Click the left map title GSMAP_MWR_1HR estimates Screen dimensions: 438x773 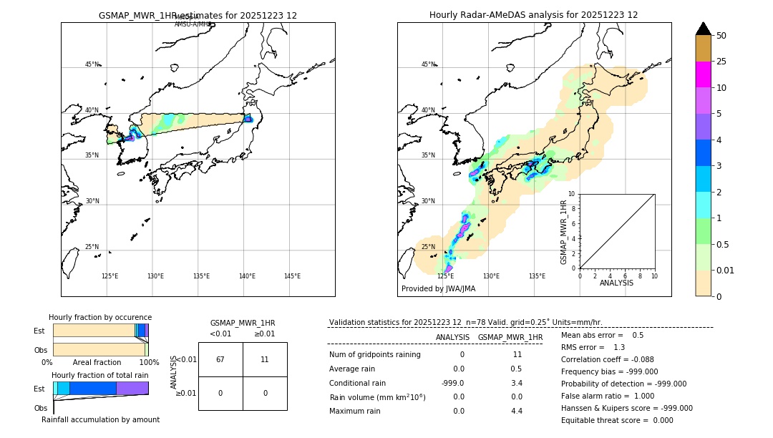point(198,15)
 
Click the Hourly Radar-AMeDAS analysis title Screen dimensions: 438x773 point(533,15)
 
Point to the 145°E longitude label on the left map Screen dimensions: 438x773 point(292,276)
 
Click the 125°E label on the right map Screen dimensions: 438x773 point(445,276)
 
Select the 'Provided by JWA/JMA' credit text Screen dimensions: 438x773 point(438,288)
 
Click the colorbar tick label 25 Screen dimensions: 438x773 point(722,62)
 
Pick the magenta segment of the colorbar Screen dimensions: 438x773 point(703,74)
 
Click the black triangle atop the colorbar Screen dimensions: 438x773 point(703,29)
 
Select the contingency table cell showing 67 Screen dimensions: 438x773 point(220,359)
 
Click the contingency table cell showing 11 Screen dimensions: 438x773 point(265,359)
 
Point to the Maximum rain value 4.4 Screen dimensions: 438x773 point(516,411)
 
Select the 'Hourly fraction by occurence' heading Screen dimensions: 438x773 point(100,317)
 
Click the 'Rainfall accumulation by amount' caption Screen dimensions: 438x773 point(100,419)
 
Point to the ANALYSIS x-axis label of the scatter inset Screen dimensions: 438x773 point(616,283)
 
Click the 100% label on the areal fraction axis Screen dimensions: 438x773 point(149,363)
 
